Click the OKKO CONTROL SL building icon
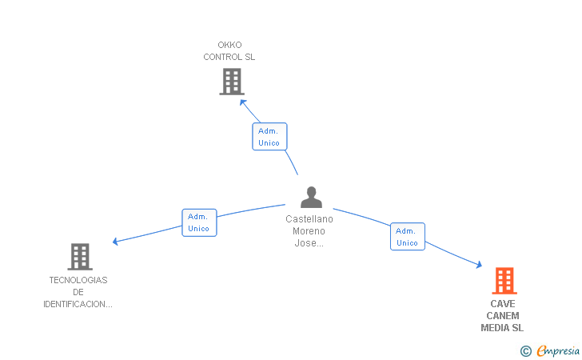coord(232,82)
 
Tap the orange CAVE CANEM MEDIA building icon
coord(504,281)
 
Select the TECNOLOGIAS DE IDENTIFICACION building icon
coord(80,257)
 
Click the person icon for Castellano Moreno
coord(311,197)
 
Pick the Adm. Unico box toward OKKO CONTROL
coord(269,136)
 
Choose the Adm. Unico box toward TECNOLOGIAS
coord(199,222)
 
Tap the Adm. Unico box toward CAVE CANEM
coord(408,237)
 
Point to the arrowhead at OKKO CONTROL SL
coord(243,102)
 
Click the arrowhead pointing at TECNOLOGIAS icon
coord(115,242)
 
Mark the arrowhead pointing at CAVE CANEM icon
coord(479,265)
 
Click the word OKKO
coord(229,45)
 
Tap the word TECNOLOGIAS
coord(78,280)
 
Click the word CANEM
coord(503,316)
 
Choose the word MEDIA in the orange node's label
coord(495,328)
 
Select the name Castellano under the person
coord(309,219)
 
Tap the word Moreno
coord(309,231)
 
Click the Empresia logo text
coord(558,351)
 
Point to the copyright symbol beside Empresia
coord(526,351)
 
